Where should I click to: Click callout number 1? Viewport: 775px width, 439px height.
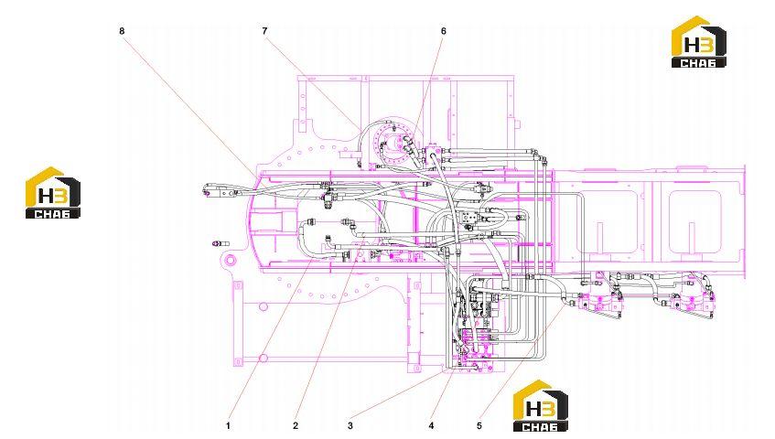click(229, 425)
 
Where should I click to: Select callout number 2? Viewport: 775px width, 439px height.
click(296, 425)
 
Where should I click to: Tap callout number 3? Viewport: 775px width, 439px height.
click(350, 425)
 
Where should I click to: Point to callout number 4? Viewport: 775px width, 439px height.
click(432, 425)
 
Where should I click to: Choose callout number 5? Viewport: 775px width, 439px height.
click(479, 425)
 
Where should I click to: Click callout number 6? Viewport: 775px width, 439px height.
click(444, 31)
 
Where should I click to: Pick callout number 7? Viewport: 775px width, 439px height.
click(265, 31)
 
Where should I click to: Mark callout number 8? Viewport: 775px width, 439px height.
click(122, 31)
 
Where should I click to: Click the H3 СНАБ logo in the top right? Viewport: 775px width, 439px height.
click(698, 41)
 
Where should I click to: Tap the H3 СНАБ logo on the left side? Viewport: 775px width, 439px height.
click(53, 193)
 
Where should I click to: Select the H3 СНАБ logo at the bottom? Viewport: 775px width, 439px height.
click(540, 406)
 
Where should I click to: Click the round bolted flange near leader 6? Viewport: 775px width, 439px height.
click(395, 143)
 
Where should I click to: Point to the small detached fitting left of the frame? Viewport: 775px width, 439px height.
click(220, 243)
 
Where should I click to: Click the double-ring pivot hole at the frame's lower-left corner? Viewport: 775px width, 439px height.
click(229, 259)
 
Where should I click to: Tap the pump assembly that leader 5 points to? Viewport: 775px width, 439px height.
click(599, 304)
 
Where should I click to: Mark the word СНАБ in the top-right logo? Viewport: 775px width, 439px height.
click(698, 63)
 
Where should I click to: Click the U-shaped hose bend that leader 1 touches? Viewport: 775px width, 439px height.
click(306, 241)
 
